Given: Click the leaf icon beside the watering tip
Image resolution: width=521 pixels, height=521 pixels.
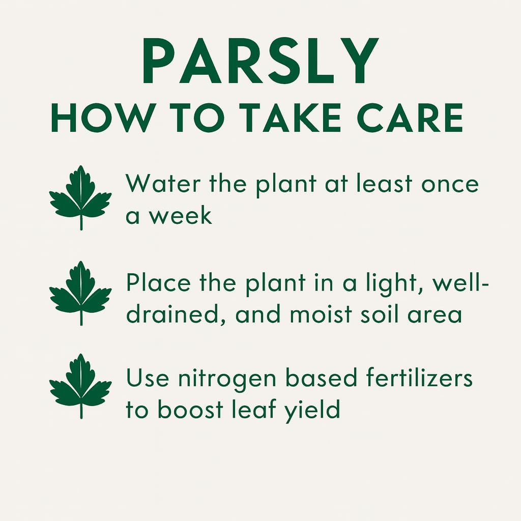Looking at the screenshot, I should (80, 197).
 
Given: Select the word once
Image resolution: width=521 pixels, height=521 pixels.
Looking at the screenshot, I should (450, 184).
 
